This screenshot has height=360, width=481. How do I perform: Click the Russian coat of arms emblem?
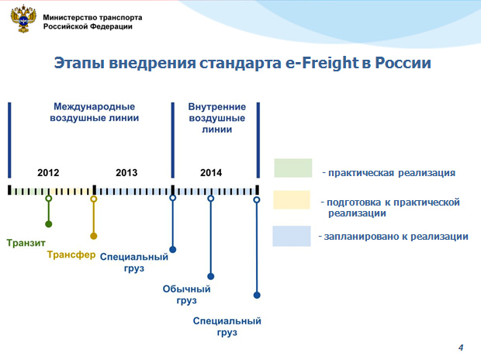tap(23, 19)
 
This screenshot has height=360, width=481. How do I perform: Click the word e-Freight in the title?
tap(322, 63)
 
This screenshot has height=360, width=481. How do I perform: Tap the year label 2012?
tap(48, 172)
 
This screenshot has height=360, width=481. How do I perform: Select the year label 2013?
tap(126, 172)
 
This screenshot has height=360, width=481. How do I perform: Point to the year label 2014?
tap(211, 172)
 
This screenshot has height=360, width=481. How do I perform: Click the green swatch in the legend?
tap(293, 168)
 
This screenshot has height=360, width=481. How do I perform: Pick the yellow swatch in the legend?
tap(292, 200)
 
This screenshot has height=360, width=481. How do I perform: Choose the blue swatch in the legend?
tap(292, 236)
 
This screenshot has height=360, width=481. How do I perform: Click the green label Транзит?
tap(26, 243)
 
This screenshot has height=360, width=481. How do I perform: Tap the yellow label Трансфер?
tap(71, 254)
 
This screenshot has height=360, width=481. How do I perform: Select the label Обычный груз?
tap(186, 295)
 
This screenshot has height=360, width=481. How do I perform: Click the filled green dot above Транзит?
tap(48, 224)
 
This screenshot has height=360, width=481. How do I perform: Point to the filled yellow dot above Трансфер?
tap(94, 236)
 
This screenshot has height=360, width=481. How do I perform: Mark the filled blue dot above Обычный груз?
tap(211, 276)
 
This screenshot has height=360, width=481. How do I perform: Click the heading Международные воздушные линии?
tap(94, 112)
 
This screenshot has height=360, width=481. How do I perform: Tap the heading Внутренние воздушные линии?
tap(217, 118)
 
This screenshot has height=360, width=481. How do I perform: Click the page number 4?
tap(461, 348)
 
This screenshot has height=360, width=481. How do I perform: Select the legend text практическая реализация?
tap(392, 173)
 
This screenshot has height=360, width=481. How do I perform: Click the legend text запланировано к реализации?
tap(396, 237)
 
